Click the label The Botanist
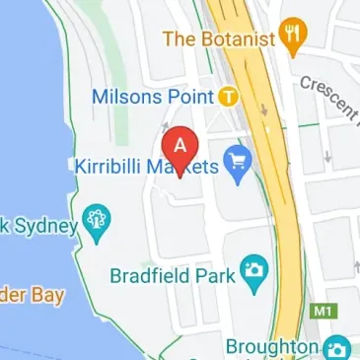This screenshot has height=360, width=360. point(217,39)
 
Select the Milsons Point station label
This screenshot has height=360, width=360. point(152,97)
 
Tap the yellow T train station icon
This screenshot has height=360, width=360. point(229,97)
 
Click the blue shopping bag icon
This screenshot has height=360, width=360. point(237,159)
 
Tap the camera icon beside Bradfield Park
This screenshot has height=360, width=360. point(254,268)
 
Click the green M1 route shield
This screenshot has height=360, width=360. point(321,313)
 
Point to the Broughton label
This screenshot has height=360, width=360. point(271,347)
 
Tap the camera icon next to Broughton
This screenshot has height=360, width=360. point(337,348)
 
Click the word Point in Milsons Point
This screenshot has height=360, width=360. point(190,97)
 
